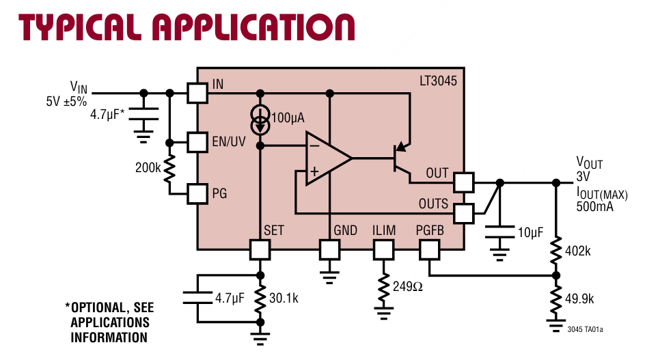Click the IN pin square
point(197,93)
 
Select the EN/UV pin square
point(197,143)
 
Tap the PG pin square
point(197,193)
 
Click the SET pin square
point(260,249)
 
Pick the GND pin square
point(330,249)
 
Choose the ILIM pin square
point(383,249)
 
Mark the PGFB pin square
point(430,249)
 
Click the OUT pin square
point(464,182)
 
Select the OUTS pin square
point(464,213)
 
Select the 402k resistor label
point(579,251)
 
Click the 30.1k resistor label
point(284,299)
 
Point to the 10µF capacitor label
point(530,233)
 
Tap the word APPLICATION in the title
point(253,27)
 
